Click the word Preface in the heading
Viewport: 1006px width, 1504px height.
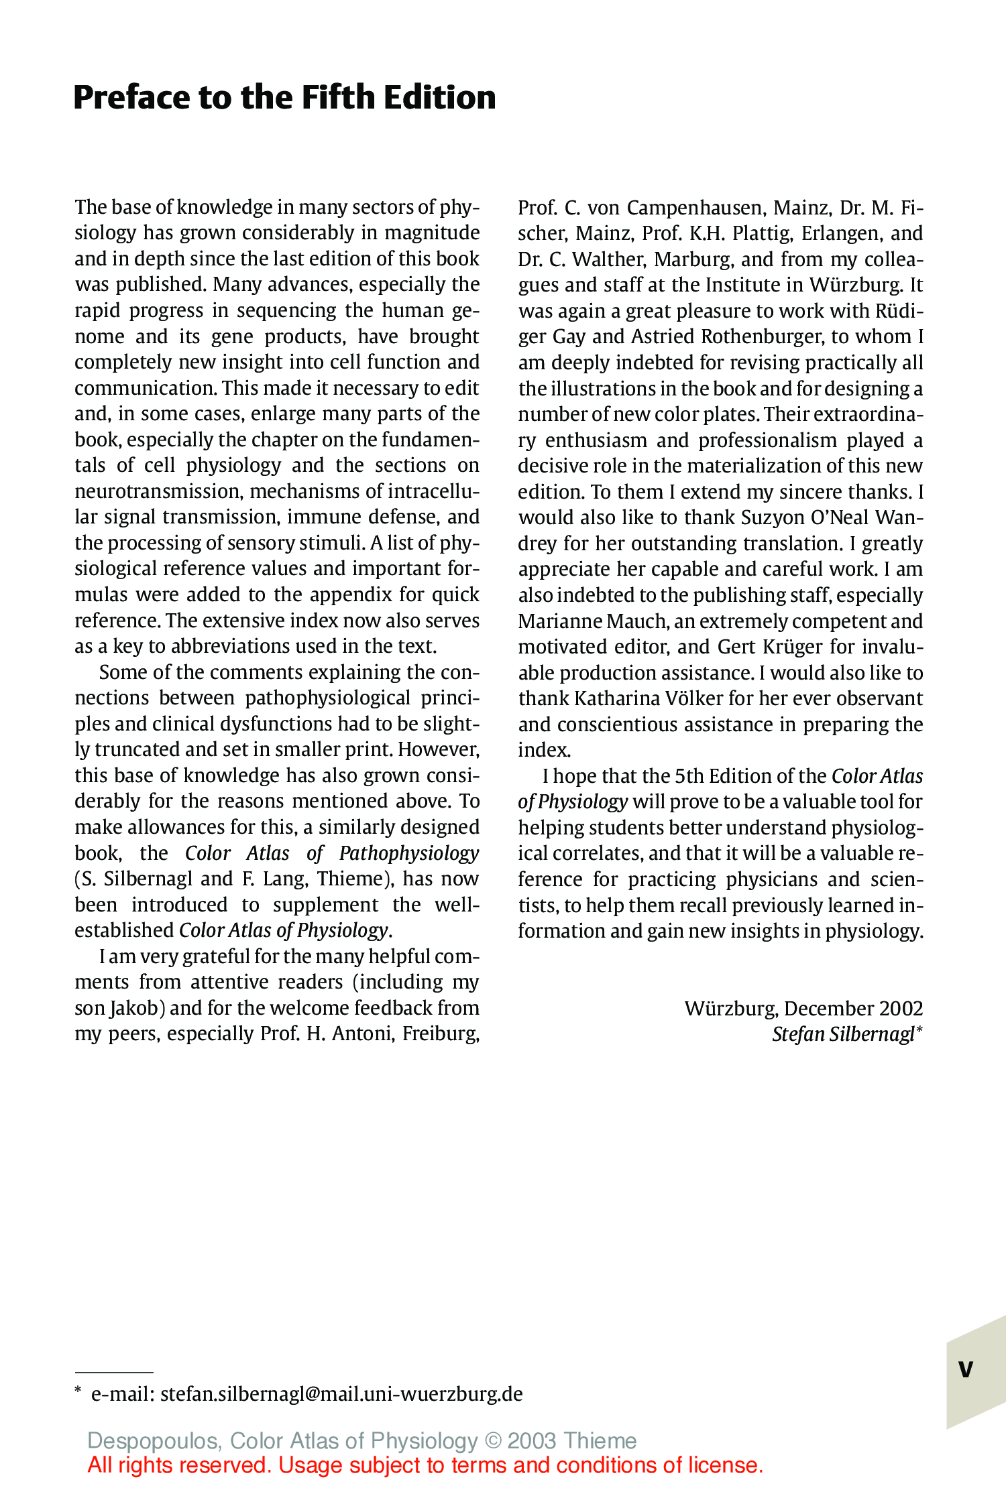[x=131, y=98]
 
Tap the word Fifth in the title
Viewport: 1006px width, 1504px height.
[x=337, y=98]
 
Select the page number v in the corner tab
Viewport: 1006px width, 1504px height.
[x=965, y=1369]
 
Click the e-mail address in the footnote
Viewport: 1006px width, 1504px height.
[x=341, y=1394]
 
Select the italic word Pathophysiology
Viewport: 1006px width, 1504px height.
[x=409, y=853]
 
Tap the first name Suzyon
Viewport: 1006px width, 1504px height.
[x=772, y=517]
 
